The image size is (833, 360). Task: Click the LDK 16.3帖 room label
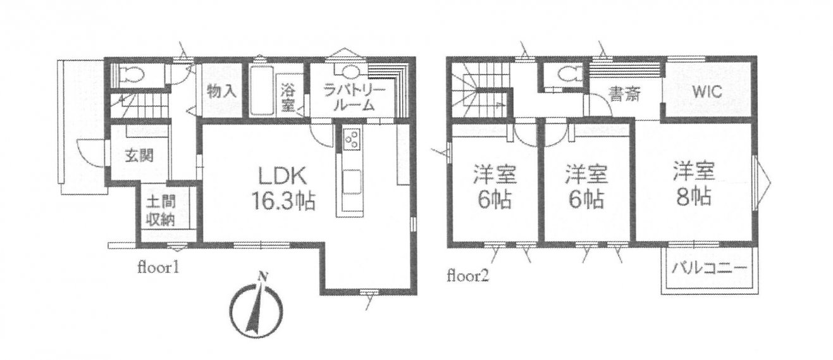click(x=284, y=188)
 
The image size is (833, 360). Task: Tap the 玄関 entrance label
click(x=139, y=155)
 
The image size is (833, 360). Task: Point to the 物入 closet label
click(x=221, y=90)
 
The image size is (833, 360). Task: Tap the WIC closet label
click(x=707, y=92)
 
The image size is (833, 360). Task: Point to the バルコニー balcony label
click(x=709, y=268)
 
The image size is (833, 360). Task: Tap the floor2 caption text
click(x=468, y=276)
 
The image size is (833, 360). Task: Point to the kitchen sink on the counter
click(x=352, y=181)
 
